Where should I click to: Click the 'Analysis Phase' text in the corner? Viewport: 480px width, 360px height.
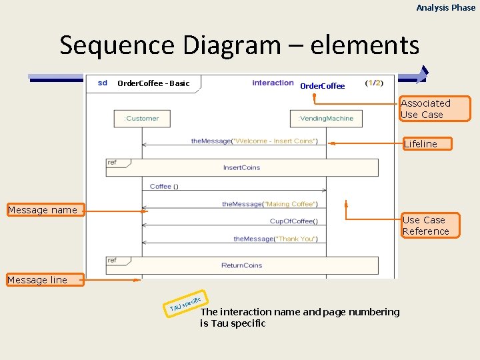click(446, 7)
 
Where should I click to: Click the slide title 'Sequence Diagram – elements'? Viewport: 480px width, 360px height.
click(239, 45)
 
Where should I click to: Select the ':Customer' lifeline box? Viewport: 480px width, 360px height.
click(142, 119)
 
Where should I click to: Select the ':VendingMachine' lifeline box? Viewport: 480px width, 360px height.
click(326, 119)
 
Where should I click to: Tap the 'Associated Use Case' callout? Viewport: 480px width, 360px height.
click(435, 109)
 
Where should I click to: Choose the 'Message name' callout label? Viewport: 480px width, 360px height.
click(43, 211)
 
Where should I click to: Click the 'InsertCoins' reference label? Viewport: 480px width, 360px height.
click(241, 167)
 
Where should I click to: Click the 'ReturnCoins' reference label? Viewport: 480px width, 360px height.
click(241, 265)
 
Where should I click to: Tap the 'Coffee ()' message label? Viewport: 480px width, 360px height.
click(164, 187)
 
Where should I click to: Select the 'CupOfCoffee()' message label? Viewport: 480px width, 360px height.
click(293, 221)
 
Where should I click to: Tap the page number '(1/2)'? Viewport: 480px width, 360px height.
click(374, 83)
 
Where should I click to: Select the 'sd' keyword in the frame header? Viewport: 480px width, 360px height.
click(102, 83)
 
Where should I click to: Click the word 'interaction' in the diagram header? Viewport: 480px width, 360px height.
click(273, 83)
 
